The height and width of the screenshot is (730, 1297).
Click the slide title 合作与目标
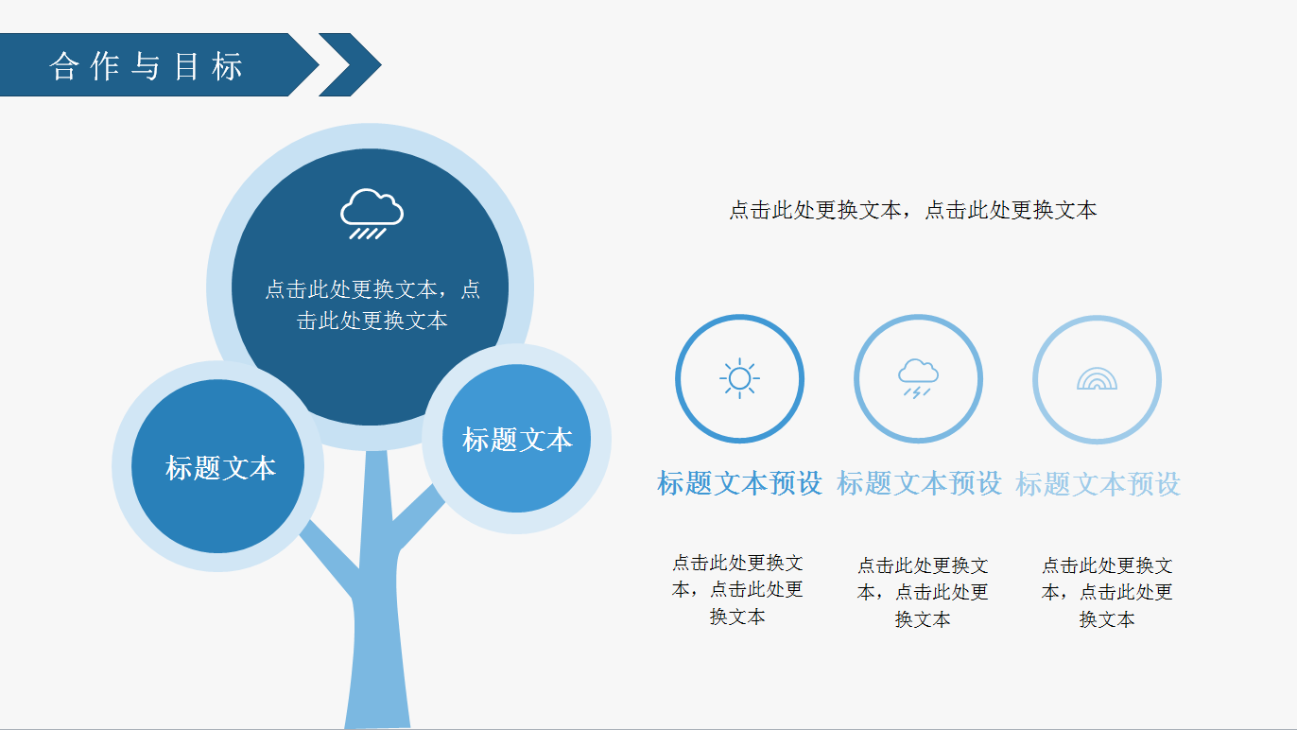tap(146, 66)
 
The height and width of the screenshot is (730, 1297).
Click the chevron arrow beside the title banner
tap(351, 65)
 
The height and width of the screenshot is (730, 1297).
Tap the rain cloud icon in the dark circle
tap(372, 214)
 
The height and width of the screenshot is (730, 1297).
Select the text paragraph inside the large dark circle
tap(372, 304)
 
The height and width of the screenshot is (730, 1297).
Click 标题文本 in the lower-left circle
tap(220, 467)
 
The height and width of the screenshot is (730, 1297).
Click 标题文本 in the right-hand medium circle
tap(517, 439)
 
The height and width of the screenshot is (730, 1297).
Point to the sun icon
tap(739, 379)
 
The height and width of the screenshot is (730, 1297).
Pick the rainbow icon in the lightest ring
tap(1097, 379)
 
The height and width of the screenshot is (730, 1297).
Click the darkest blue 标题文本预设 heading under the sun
tap(739, 483)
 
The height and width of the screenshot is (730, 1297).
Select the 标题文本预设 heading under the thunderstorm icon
tap(919, 483)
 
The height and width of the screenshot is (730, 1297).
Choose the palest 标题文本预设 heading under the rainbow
tap(1098, 484)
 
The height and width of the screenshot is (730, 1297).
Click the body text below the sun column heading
tap(737, 589)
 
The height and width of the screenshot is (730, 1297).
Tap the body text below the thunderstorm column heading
tap(923, 592)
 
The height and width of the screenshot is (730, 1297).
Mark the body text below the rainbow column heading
tap(1106, 592)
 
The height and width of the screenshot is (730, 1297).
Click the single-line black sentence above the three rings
tap(912, 210)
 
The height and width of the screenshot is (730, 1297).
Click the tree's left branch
tap(329, 556)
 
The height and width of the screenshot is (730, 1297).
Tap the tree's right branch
tap(418, 517)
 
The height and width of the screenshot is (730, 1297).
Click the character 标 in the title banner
tap(227, 66)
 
